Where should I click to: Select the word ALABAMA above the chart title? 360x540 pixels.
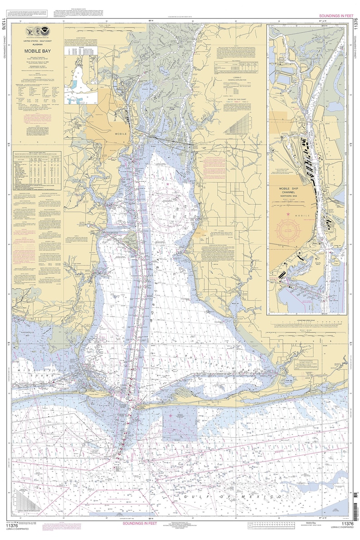coord(38,45)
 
